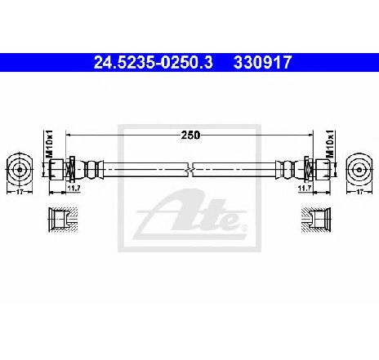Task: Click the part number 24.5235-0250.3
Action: tap(153, 63)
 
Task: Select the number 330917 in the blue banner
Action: tap(262, 63)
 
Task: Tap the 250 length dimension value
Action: tap(190, 135)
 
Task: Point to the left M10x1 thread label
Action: tap(49, 144)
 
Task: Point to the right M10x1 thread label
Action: tap(330, 144)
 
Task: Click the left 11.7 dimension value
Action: tap(74, 188)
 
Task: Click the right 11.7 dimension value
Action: tap(305, 188)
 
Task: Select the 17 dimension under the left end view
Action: tap(20, 192)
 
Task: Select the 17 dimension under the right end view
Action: tap(359, 192)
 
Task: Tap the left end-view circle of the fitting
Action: tap(20, 170)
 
